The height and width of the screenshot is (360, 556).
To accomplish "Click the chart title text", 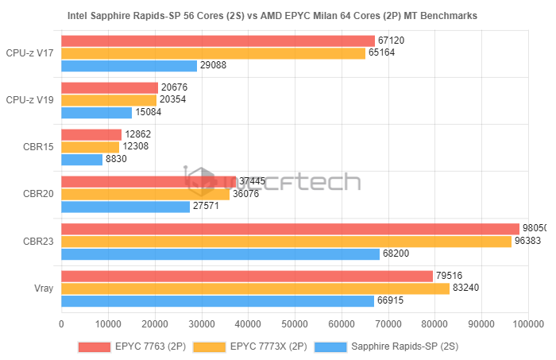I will tap(278, 16).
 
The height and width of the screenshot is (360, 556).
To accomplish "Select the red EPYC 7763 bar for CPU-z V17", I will tap(218, 41).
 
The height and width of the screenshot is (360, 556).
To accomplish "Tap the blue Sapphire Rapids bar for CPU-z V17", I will tap(129, 65).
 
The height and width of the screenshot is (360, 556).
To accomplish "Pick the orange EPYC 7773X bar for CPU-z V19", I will tap(109, 100).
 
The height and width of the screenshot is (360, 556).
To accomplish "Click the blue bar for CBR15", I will tap(82, 159).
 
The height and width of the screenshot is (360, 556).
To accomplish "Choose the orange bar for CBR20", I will tap(145, 194).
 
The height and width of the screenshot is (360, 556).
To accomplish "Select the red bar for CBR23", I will tap(290, 229).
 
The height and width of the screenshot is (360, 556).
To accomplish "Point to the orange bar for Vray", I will tap(255, 288).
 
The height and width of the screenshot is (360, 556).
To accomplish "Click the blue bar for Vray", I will tap(217, 300).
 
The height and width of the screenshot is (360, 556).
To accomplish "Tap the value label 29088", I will tap(213, 65).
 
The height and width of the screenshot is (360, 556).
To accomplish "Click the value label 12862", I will tap(137, 135).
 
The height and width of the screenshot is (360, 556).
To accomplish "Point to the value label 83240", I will tap(466, 288).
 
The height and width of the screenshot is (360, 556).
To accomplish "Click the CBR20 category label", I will tap(38, 194).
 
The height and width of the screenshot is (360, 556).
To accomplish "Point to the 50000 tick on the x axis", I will tap(295, 324).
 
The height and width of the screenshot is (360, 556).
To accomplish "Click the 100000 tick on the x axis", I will tap(527, 324).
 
